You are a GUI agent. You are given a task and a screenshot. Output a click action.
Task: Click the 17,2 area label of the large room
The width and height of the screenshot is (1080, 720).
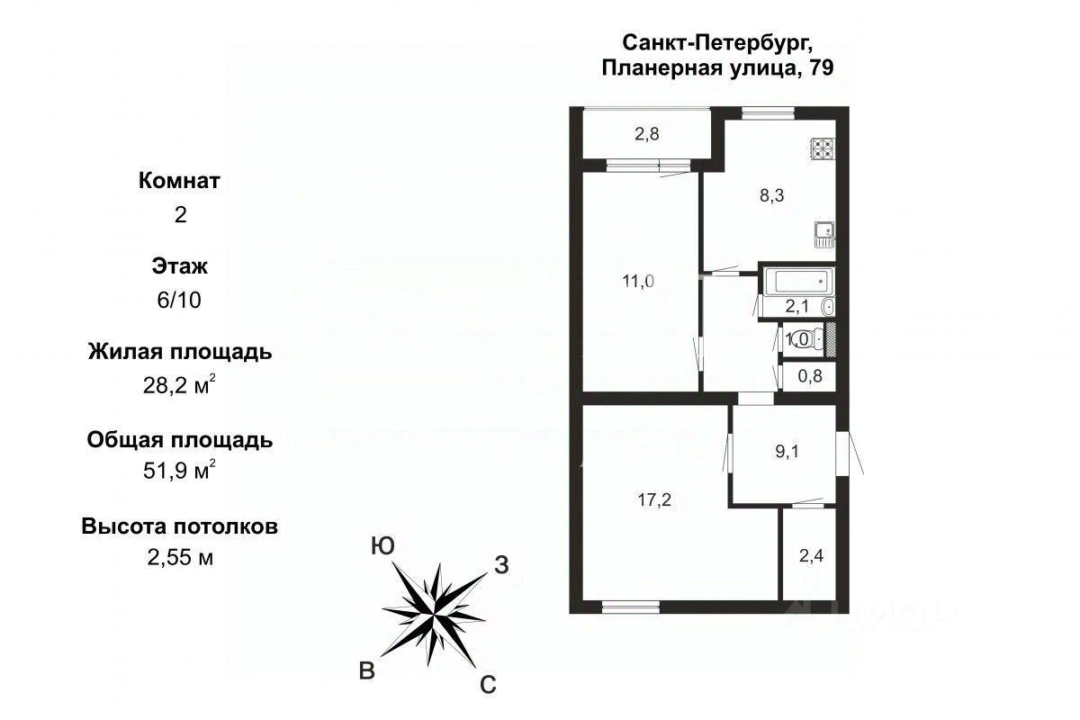(x=654, y=500)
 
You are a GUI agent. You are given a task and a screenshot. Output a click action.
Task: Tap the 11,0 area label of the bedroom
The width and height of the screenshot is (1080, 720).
(x=638, y=281)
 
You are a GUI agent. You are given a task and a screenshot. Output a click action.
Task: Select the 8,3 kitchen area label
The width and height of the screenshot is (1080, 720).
(x=771, y=195)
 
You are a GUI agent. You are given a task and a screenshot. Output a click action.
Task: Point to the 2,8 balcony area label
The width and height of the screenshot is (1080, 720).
(x=646, y=133)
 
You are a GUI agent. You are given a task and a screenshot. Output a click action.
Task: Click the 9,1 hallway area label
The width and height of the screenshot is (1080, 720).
(x=787, y=452)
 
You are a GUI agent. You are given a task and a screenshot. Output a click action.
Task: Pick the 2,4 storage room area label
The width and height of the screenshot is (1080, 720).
(x=811, y=556)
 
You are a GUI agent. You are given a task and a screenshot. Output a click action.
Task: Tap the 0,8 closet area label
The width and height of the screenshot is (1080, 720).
(x=810, y=375)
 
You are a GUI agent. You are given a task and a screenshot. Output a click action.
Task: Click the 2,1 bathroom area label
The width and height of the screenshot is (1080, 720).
(x=797, y=306)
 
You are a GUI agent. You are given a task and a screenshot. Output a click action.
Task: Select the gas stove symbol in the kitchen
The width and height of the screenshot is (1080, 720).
(x=823, y=149)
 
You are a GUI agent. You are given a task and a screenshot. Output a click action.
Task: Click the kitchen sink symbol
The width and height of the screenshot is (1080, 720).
(x=824, y=235)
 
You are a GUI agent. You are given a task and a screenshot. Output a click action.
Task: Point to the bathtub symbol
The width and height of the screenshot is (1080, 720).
(x=798, y=281)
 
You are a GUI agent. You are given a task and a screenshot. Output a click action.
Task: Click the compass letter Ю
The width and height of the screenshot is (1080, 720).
(x=382, y=546)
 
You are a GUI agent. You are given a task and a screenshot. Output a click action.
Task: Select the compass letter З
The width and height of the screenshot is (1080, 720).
(x=501, y=565)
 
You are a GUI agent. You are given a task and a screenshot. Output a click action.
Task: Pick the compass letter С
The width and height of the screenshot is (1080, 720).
(x=488, y=685)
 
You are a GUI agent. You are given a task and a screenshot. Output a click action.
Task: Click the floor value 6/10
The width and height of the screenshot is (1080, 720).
(x=179, y=300)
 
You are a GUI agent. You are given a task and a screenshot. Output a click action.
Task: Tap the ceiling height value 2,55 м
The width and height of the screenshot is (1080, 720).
(x=180, y=557)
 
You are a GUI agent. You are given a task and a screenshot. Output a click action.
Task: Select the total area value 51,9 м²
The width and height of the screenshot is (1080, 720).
(x=179, y=469)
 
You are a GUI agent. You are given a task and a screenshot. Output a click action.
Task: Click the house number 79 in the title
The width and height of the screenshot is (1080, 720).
(x=821, y=67)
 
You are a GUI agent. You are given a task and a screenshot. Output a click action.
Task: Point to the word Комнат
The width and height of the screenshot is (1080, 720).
(x=179, y=181)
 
